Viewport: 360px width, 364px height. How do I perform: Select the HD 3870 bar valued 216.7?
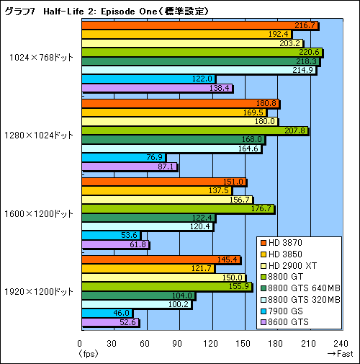pos(200,26)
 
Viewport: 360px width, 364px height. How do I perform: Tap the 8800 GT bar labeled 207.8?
pos(195,130)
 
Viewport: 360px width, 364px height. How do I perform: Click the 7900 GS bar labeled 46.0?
pos(107,313)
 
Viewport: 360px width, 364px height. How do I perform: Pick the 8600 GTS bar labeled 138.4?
pos(157,88)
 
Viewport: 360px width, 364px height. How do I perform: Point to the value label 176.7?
pos(261,209)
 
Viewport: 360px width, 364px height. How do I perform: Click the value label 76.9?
pos(154,157)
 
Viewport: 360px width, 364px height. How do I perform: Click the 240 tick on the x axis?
pos(341,343)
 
